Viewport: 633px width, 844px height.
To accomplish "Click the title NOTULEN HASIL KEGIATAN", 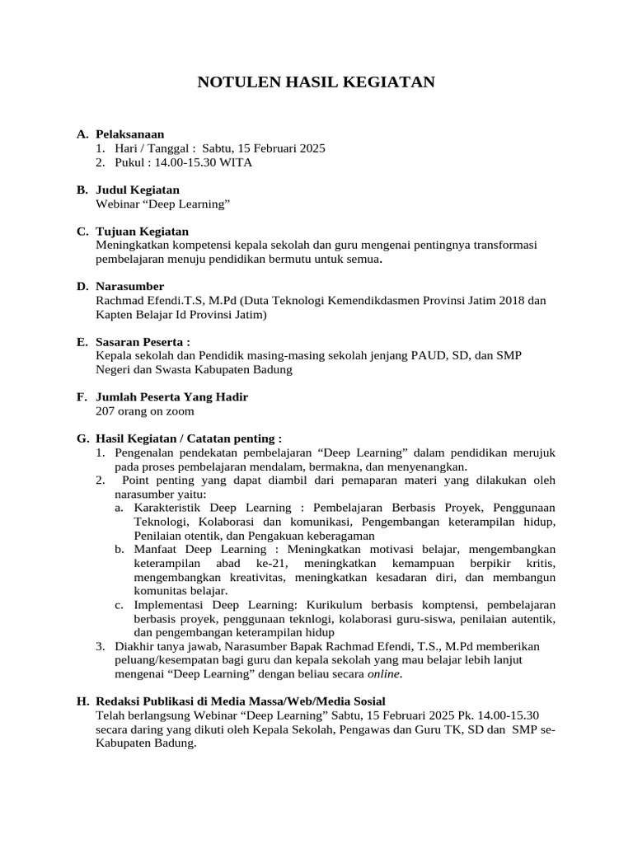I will pos(316,82).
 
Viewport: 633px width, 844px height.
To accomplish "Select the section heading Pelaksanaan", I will pos(129,134).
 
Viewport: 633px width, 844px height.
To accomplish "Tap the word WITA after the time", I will pos(236,162).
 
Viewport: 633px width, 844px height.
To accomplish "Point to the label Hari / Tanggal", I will pos(153,148).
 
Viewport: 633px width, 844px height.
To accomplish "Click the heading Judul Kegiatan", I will pos(137,190).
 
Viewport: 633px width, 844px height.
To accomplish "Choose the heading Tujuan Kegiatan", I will pos(142,232).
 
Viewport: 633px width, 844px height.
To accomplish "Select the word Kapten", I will pos(115,315).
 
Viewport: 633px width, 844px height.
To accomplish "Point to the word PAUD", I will pos(452,355).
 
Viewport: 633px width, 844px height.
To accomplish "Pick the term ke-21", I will pos(251,564).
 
